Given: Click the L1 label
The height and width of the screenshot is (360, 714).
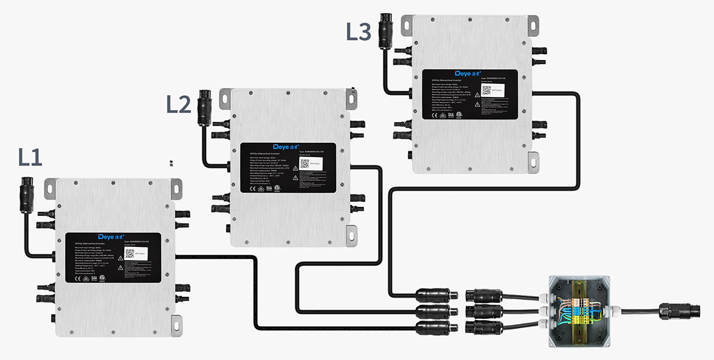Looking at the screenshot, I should [x=30, y=157].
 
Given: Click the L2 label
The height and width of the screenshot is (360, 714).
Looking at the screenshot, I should [x=178, y=104].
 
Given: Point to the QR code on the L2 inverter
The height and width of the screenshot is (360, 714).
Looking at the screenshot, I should [x=304, y=164].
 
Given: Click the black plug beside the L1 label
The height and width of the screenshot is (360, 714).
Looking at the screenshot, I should [x=26, y=194].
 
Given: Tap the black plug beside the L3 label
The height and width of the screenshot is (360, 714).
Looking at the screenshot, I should [x=386, y=33].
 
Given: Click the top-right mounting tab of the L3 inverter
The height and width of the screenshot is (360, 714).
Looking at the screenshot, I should [x=531, y=23].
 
